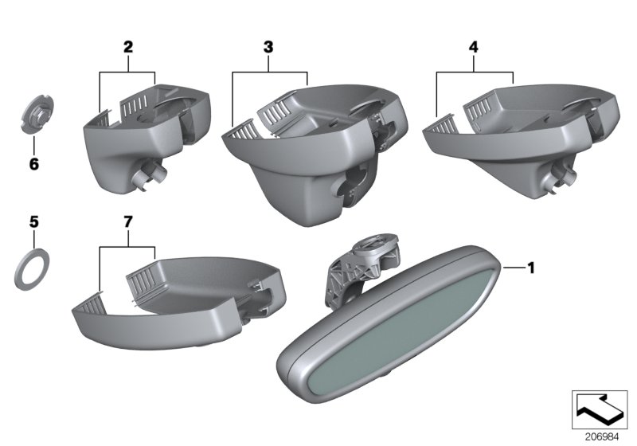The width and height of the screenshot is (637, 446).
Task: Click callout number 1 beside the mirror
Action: (530, 268)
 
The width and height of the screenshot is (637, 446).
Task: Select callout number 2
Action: (128, 47)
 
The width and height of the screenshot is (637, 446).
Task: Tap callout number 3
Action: (268, 47)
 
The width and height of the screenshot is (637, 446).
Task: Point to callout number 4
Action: (473, 47)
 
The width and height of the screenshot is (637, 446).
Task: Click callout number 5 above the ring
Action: (34, 222)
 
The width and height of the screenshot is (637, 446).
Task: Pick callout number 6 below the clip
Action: (34, 164)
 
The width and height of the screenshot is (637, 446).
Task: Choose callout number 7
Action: (128, 222)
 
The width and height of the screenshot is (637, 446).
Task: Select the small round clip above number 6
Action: (37, 113)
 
